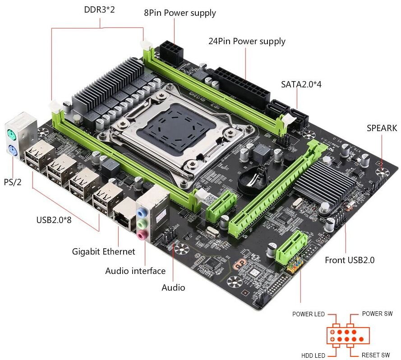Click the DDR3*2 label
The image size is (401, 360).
click(x=99, y=9)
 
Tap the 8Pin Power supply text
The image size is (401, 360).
click(x=180, y=13)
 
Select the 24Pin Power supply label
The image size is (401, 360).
click(x=247, y=41)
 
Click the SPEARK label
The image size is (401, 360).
click(x=382, y=128)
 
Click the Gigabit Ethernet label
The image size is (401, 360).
click(x=103, y=251)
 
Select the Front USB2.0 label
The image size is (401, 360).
click(x=350, y=260)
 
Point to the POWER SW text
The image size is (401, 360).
click(x=377, y=314)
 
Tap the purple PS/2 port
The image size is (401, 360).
click(x=12, y=151)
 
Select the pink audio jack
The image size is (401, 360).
click(x=141, y=234)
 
